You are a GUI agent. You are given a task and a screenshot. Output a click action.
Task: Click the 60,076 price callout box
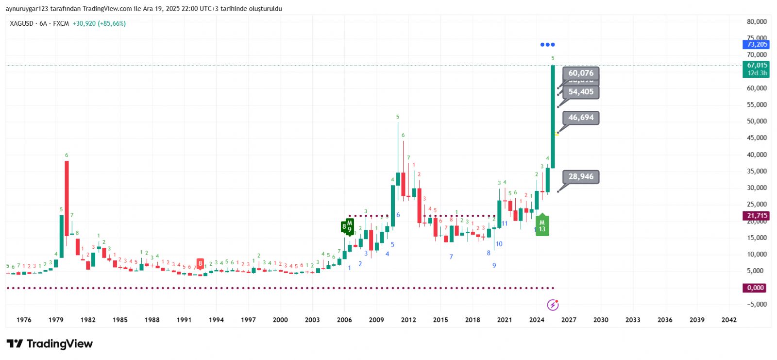coord(580,73)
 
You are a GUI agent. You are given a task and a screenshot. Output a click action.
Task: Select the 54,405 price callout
coord(580,92)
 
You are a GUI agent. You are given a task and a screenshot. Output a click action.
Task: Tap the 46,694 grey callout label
coord(580,118)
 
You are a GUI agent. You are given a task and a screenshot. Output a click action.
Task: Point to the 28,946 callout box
coord(580,177)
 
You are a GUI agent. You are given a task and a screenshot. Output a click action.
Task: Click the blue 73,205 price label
coord(757,45)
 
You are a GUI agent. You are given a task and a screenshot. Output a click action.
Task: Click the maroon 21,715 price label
coord(757,216)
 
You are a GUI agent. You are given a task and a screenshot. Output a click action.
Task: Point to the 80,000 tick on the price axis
coord(757,22)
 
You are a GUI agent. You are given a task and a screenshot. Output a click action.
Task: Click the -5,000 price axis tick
coord(757,304)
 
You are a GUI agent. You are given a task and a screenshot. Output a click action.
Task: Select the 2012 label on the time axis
coord(408,320)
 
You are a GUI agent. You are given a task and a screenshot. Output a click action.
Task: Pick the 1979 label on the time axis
coord(56,320)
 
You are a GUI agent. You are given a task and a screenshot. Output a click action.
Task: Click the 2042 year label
coord(729,320)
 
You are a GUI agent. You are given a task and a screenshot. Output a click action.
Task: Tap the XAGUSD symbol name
coord(22,23)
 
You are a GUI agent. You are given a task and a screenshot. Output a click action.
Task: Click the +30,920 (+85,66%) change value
coord(99,23)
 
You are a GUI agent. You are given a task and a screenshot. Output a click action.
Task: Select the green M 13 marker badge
coord(542,226)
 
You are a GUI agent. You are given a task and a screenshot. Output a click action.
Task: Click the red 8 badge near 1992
coord(200,263)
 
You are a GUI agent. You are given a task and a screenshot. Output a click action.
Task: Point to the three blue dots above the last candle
coord(547,45)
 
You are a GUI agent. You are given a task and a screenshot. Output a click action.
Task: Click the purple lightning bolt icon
coord(553,305)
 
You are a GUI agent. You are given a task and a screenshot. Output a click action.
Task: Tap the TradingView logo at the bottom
coord(50,344)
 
